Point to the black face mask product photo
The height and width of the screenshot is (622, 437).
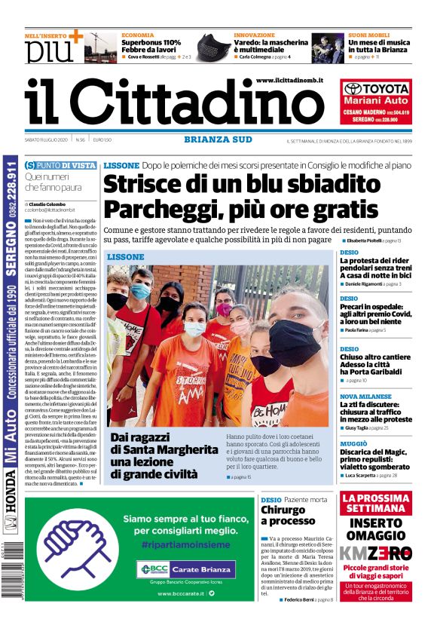click(213, 47)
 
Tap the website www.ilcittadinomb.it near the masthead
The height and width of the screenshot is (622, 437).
click(289, 80)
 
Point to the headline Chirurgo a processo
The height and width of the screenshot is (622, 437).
click(283, 516)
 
